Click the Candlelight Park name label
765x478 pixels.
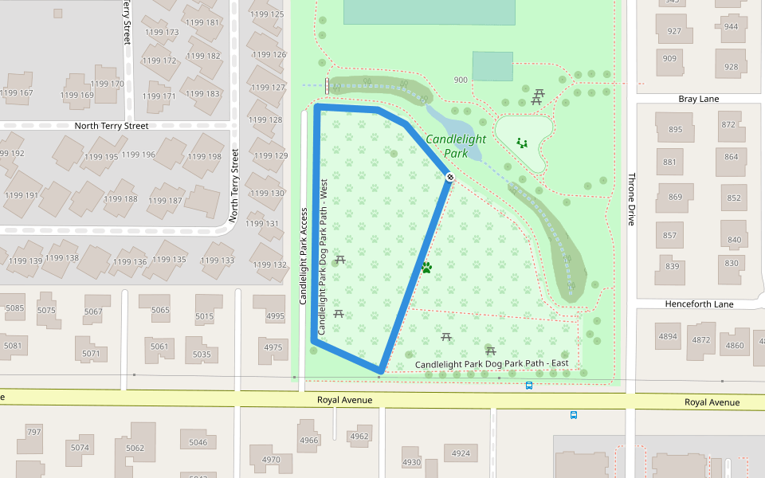(x=455, y=145)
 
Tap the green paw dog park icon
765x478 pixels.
(x=426, y=268)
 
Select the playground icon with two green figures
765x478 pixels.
(x=522, y=143)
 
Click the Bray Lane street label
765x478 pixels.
(x=698, y=99)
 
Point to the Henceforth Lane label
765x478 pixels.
(x=699, y=304)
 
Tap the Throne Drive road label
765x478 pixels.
(x=631, y=199)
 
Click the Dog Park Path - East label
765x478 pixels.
(x=492, y=364)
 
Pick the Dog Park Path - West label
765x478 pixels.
(x=324, y=255)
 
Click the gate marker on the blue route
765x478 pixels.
(x=449, y=177)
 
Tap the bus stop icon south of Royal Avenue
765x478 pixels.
(x=573, y=414)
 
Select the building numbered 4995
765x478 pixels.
(x=275, y=316)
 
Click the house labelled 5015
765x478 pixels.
(x=205, y=316)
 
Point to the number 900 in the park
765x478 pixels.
(x=461, y=80)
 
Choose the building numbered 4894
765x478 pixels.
(x=668, y=336)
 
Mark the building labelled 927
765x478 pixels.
(x=674, y=31)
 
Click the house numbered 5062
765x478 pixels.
(x=135, y=448)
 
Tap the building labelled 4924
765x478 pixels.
(x=461, y=453)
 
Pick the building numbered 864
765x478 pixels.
(x=732, y=157)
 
